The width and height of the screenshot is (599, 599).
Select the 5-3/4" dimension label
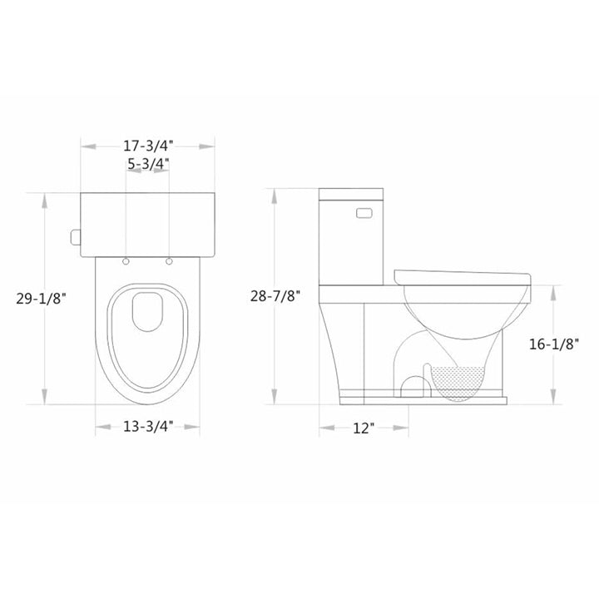tap(148, 164)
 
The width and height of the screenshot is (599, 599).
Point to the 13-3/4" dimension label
tap(148, 428)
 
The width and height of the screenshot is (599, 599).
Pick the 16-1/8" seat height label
tap(554, 342)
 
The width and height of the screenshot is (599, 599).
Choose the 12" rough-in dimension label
tap(363, 428)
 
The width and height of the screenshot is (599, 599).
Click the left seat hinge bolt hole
tap(126, 262)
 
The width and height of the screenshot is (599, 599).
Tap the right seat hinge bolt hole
tap(171, 262)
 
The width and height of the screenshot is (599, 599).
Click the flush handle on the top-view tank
tap(76, 238)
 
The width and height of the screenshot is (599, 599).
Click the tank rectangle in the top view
tap(148, 222)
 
